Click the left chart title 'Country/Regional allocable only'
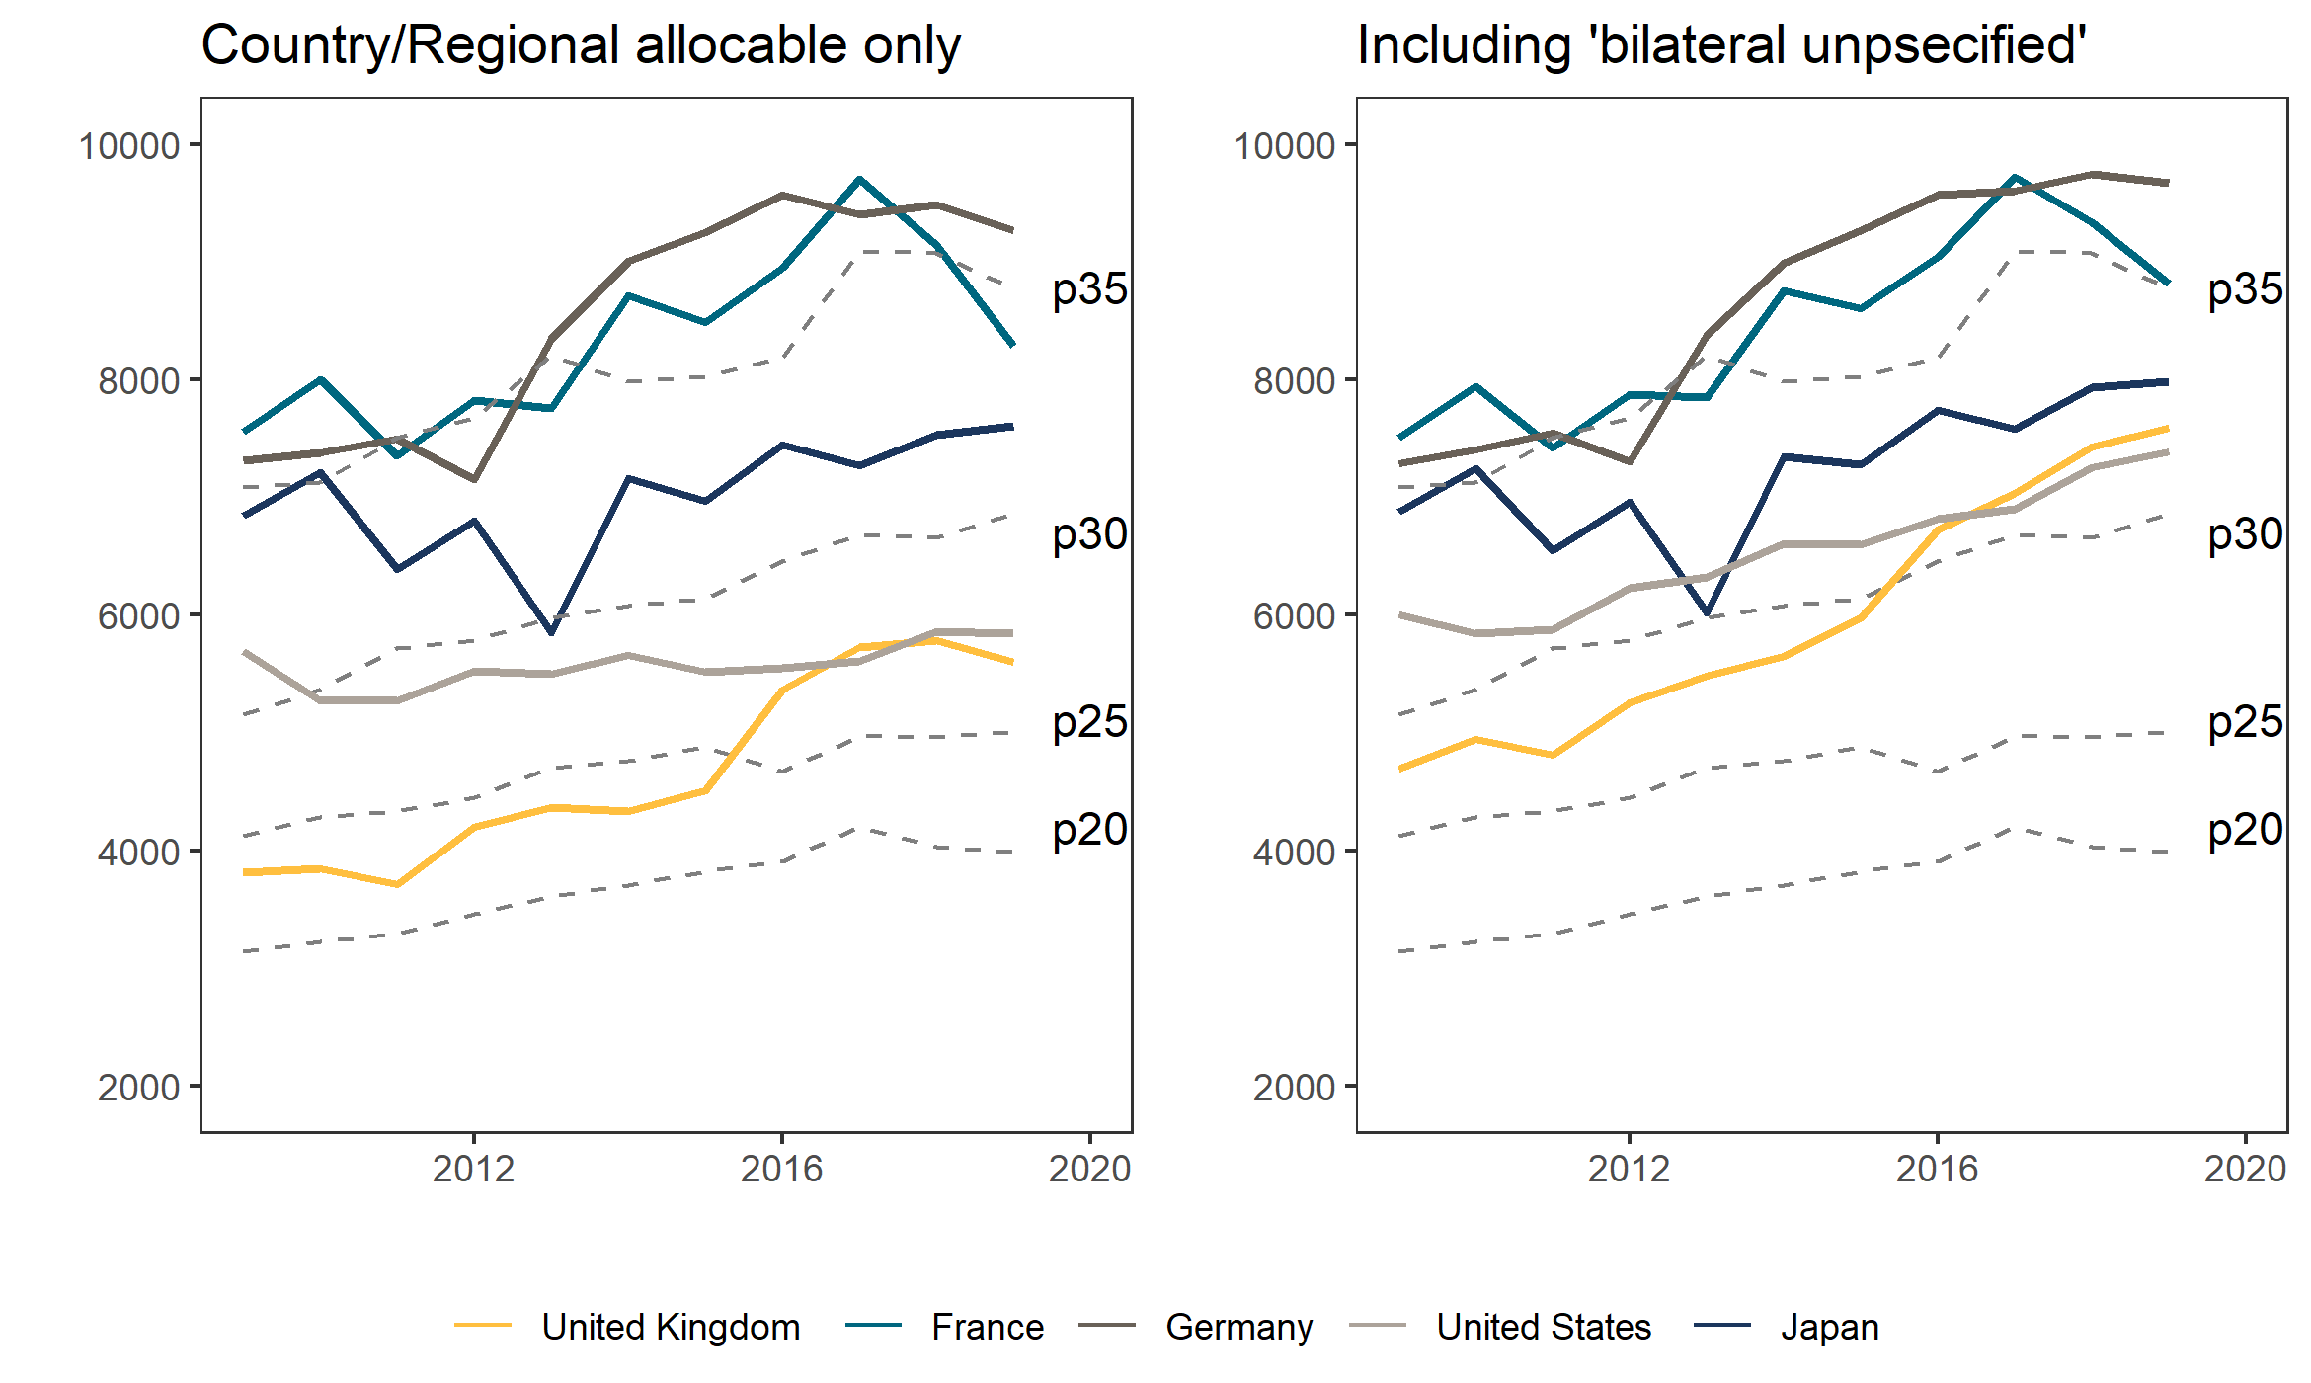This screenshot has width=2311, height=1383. coord(581,45)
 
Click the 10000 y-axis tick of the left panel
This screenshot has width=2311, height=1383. coord(129,146)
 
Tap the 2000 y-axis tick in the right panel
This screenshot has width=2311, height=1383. coord(1294,1088)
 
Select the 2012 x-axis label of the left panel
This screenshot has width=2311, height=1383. coord(474,1169)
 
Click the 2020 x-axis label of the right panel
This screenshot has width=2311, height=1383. coord(2245,1169)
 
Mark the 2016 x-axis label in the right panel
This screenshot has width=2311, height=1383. coord(1937,1169)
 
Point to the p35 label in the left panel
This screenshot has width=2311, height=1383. coord(1089,289)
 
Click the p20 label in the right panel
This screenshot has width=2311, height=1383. coord(2245,830)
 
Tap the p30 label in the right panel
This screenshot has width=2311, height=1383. coord(2245,534)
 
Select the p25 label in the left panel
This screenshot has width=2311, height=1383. coord(1089,722)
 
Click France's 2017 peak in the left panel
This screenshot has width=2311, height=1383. coord(860,179)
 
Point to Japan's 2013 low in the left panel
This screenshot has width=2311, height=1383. coord(552,632)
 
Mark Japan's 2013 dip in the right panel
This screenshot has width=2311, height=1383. coord(1707,613)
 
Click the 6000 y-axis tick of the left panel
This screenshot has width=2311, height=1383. coord(139,616)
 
